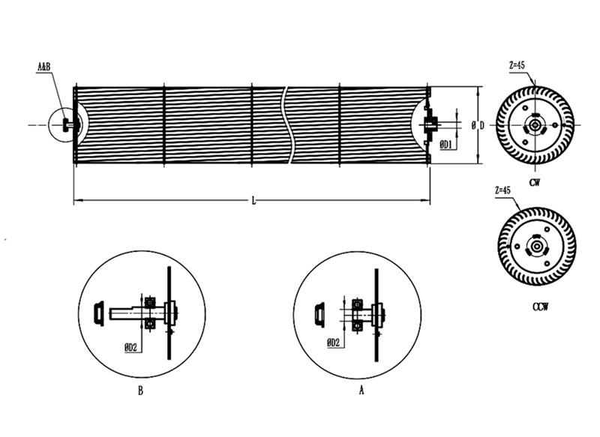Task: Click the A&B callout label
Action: (44, 67)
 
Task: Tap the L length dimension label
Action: (253, 200)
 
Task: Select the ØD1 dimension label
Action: (446, 145)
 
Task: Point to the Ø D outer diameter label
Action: (478, 125)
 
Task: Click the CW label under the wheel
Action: (535, 183)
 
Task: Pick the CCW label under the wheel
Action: (540, 307)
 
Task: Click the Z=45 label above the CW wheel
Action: (517, 65)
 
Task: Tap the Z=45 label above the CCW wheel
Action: (502, 190)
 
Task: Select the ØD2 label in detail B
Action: (130, 348)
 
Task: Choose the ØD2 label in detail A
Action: (333, 343)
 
